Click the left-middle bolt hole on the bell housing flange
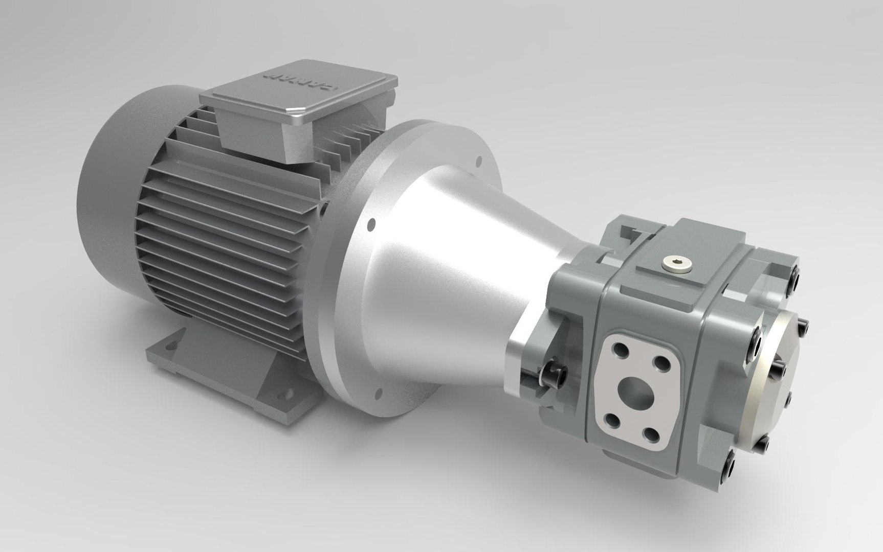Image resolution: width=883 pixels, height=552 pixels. click(x=370, y=223)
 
